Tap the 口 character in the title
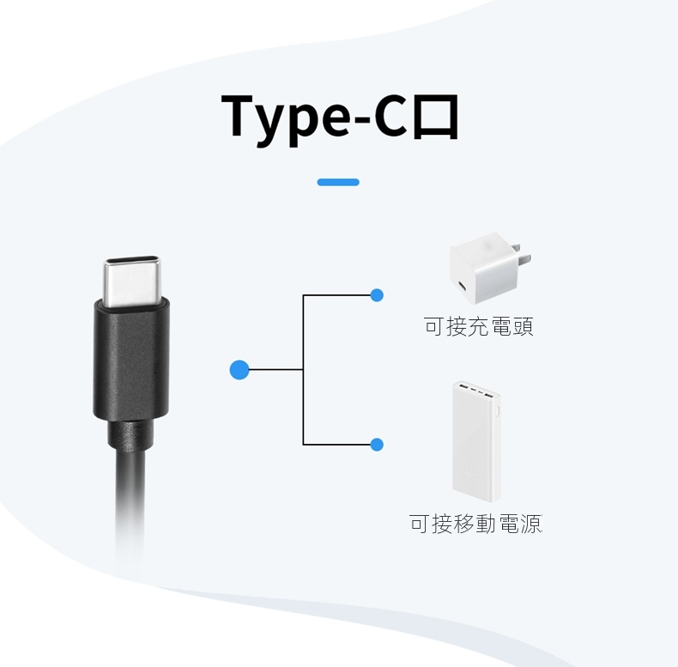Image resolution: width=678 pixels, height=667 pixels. point(434,116)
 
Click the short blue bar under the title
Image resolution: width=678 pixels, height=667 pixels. point(338,182)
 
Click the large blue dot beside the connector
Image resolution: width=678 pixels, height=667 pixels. point(239,369)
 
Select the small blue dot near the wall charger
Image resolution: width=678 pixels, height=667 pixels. point(376,295)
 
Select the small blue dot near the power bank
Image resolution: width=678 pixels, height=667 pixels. point(376,444)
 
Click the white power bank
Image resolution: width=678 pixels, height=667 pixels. point(476,442)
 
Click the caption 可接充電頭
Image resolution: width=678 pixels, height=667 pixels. point(478,326)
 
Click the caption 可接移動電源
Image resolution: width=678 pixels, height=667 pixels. point(475,523)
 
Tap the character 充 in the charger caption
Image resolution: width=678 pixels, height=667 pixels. point(478,326)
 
